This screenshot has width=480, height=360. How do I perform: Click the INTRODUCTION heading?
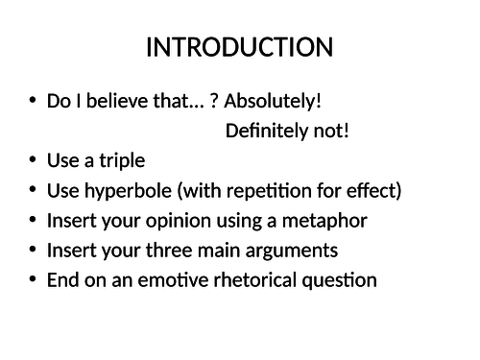[x=239, y=47]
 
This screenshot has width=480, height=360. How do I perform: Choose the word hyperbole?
[x=119, y=190]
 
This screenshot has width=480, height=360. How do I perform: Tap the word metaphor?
[x=328, y=220]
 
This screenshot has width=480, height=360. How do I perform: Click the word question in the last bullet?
[x=339, y=279]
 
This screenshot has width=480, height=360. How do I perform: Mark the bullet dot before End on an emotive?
[x=33, y=279]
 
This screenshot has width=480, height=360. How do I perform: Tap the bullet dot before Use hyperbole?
[x=33, y=190]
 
